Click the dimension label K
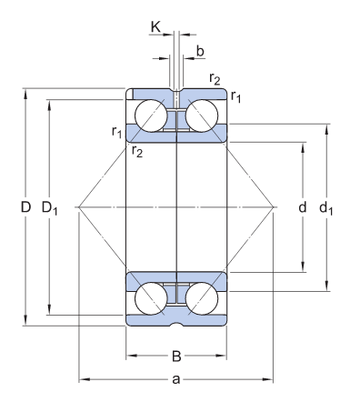click(155, 27)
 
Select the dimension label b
click(200, 51)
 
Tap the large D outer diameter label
click(25, 207)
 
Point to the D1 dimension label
click(49, 208)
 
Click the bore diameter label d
click(303, 207)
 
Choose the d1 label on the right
click(326, 208)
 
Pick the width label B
click(176, 357)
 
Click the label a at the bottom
click(176, 379)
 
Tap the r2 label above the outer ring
click(215, 79)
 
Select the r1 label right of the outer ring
click(235, 96)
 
